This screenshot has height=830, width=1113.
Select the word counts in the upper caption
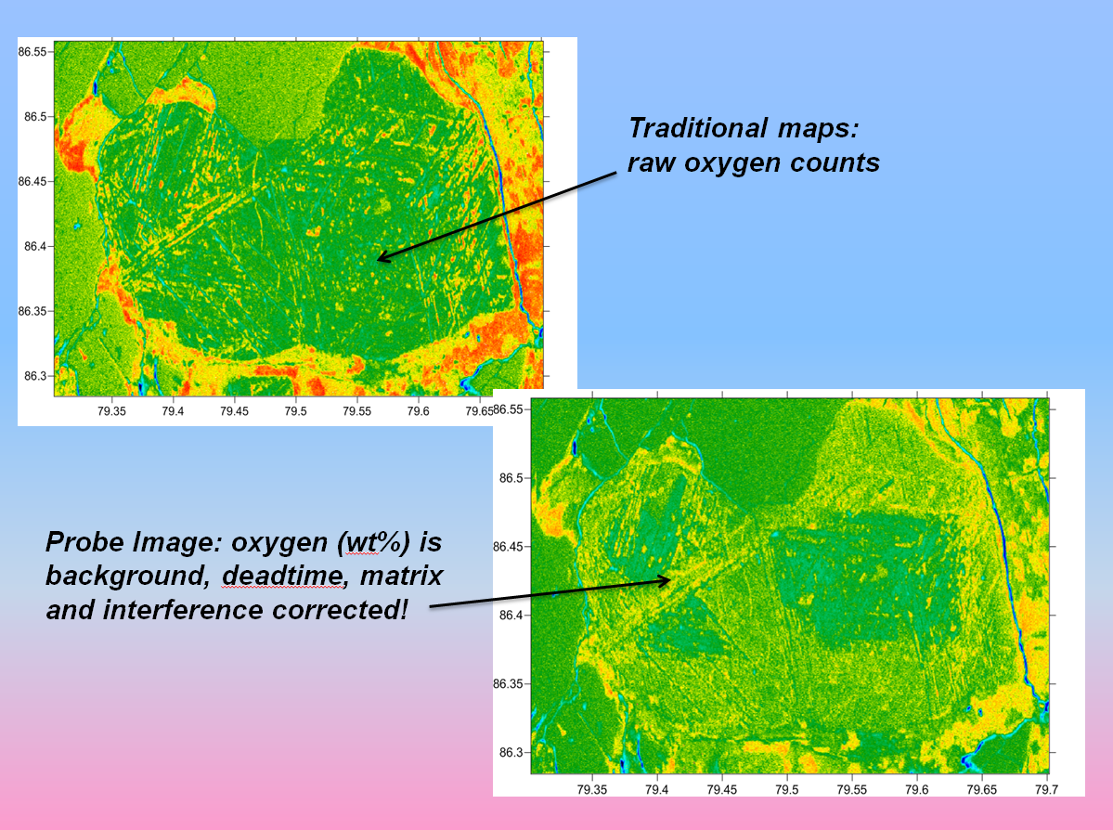click(835, 162)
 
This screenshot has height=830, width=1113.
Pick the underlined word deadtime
click(283, 576)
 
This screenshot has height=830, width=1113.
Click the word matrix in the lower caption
click(402, 576)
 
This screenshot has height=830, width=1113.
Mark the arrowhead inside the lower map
click(663, 581)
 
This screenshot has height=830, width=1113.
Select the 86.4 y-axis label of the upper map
click(34, 246)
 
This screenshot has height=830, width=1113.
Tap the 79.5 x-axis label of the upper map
click(295, 411)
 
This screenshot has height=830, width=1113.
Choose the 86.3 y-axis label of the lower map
click(511, 753)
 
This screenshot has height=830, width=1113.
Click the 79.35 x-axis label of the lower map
click(592, 789)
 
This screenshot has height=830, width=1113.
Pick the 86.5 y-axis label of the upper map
click(34, 116)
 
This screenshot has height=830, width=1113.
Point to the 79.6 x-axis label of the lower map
click(916, 789)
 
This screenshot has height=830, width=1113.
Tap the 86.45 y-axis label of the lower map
click(509, 547)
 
